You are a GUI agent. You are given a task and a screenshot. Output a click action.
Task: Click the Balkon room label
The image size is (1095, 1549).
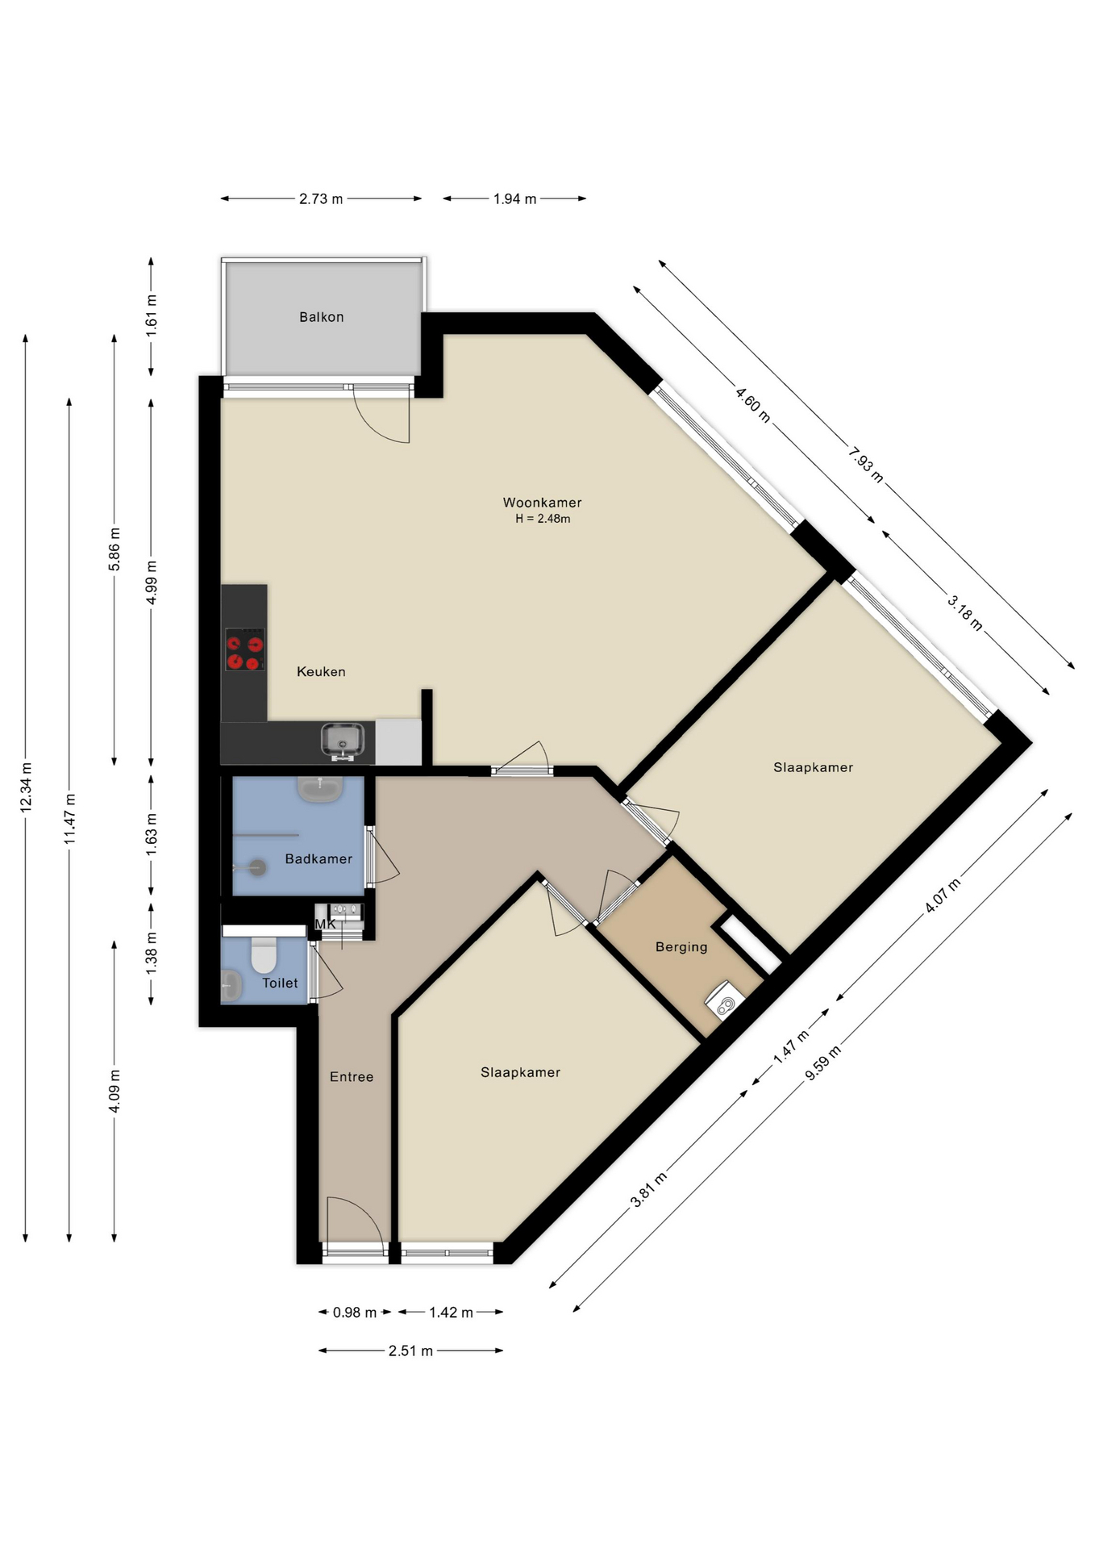pyautogui.click(x=321, y=317)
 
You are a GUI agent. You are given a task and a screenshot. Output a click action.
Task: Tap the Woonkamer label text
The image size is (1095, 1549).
pyautogui.click(x=542, y=503)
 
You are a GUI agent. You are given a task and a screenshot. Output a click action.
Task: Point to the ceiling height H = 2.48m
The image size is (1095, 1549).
pyautogui.click(x=543, y=519)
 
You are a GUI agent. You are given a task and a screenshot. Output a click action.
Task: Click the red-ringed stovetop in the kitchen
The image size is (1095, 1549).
pyautogui.click(x=244, y=649)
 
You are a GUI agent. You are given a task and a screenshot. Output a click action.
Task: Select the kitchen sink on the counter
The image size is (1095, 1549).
pyautogui.click(x=343, y=740)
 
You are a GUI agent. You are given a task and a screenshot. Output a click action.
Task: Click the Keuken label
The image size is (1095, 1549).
pyautogui.click(x=321, y=671)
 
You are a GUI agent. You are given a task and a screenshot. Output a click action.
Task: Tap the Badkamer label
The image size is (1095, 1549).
pyautogui.click(x=319, y=859)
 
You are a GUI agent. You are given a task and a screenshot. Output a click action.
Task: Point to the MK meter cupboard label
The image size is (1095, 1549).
pyautogui.click(x=325, y=924)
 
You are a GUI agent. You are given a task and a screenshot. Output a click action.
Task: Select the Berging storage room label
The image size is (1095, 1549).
pyautogui.click(x=681, y=947)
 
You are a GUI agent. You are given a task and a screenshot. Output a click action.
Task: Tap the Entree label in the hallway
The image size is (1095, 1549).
pyautogui.click(x=352, y=1077)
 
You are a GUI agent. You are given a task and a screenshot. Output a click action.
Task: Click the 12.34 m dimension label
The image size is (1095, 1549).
pyautogui.click(x=26, y=787)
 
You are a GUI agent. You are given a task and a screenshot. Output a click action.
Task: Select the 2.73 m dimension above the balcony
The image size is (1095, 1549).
pyautogui.click(x=321, y=198)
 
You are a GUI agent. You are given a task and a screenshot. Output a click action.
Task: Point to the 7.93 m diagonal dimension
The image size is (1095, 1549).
pyautogui.click(x=865, y=466)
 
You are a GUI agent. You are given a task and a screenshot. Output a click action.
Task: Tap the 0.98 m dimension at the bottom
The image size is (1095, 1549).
pyautogui.click(x=355, y=1313)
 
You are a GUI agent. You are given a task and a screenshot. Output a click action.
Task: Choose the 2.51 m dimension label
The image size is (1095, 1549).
pyautogui.click(x=410, y=1351)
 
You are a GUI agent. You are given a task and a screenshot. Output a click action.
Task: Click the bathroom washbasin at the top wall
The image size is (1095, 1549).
pyautogui.click(x=321, y=789)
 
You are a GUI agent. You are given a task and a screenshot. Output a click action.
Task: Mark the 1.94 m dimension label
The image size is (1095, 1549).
pyautogui.click(x=514, y=198)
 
